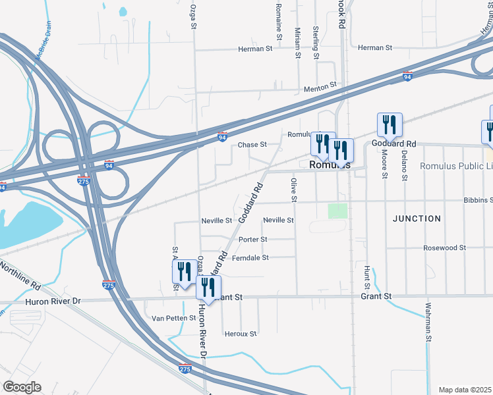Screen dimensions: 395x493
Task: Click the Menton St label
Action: tap(320, 85)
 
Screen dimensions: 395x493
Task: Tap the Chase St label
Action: tap(252, 145)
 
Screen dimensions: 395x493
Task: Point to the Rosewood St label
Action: tap(445, 248)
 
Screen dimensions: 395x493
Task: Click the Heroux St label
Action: tap(241, 334)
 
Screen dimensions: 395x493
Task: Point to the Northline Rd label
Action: tap(20, 276)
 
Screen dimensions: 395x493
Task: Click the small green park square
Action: tap(337, 211)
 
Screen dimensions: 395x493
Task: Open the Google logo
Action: tap(22, 387)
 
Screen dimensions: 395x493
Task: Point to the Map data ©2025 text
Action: tap(465, 390)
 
